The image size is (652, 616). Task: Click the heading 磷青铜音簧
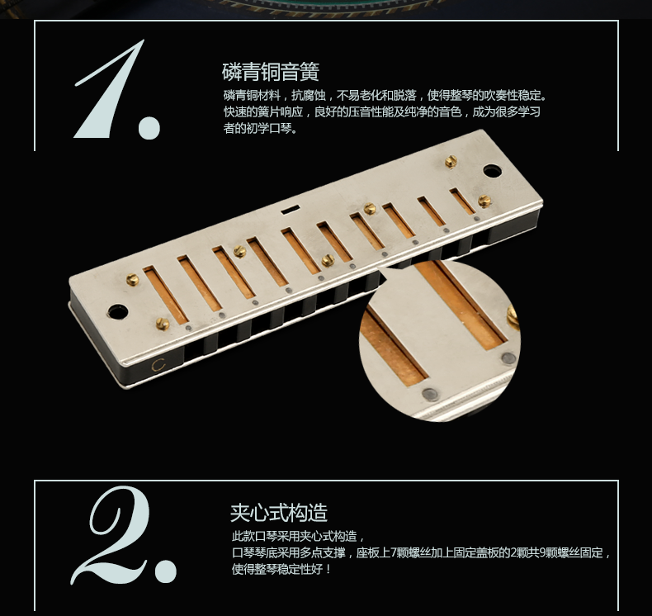[270, 72]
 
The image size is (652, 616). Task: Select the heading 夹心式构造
[279, 513]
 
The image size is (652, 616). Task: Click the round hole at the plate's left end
[117, 311]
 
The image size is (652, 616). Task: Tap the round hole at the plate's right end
[493, 170]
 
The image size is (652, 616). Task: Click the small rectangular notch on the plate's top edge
[291, 209]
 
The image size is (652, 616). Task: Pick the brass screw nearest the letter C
[162, 323]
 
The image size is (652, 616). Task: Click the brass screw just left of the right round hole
[451, 161]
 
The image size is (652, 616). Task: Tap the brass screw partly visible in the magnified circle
[513, 316]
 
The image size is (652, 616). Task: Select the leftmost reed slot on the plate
[166, 296]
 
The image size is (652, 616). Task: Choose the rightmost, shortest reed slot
[462, 201]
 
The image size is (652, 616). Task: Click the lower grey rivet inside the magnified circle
[429, 395]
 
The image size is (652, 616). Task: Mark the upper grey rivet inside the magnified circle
[508, 358]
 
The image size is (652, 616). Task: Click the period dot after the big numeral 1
[149, 127]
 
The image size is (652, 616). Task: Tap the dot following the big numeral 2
[166, 571]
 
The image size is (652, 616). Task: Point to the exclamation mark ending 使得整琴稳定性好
[329, 569]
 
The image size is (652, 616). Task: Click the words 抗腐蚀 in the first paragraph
[308, 95]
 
